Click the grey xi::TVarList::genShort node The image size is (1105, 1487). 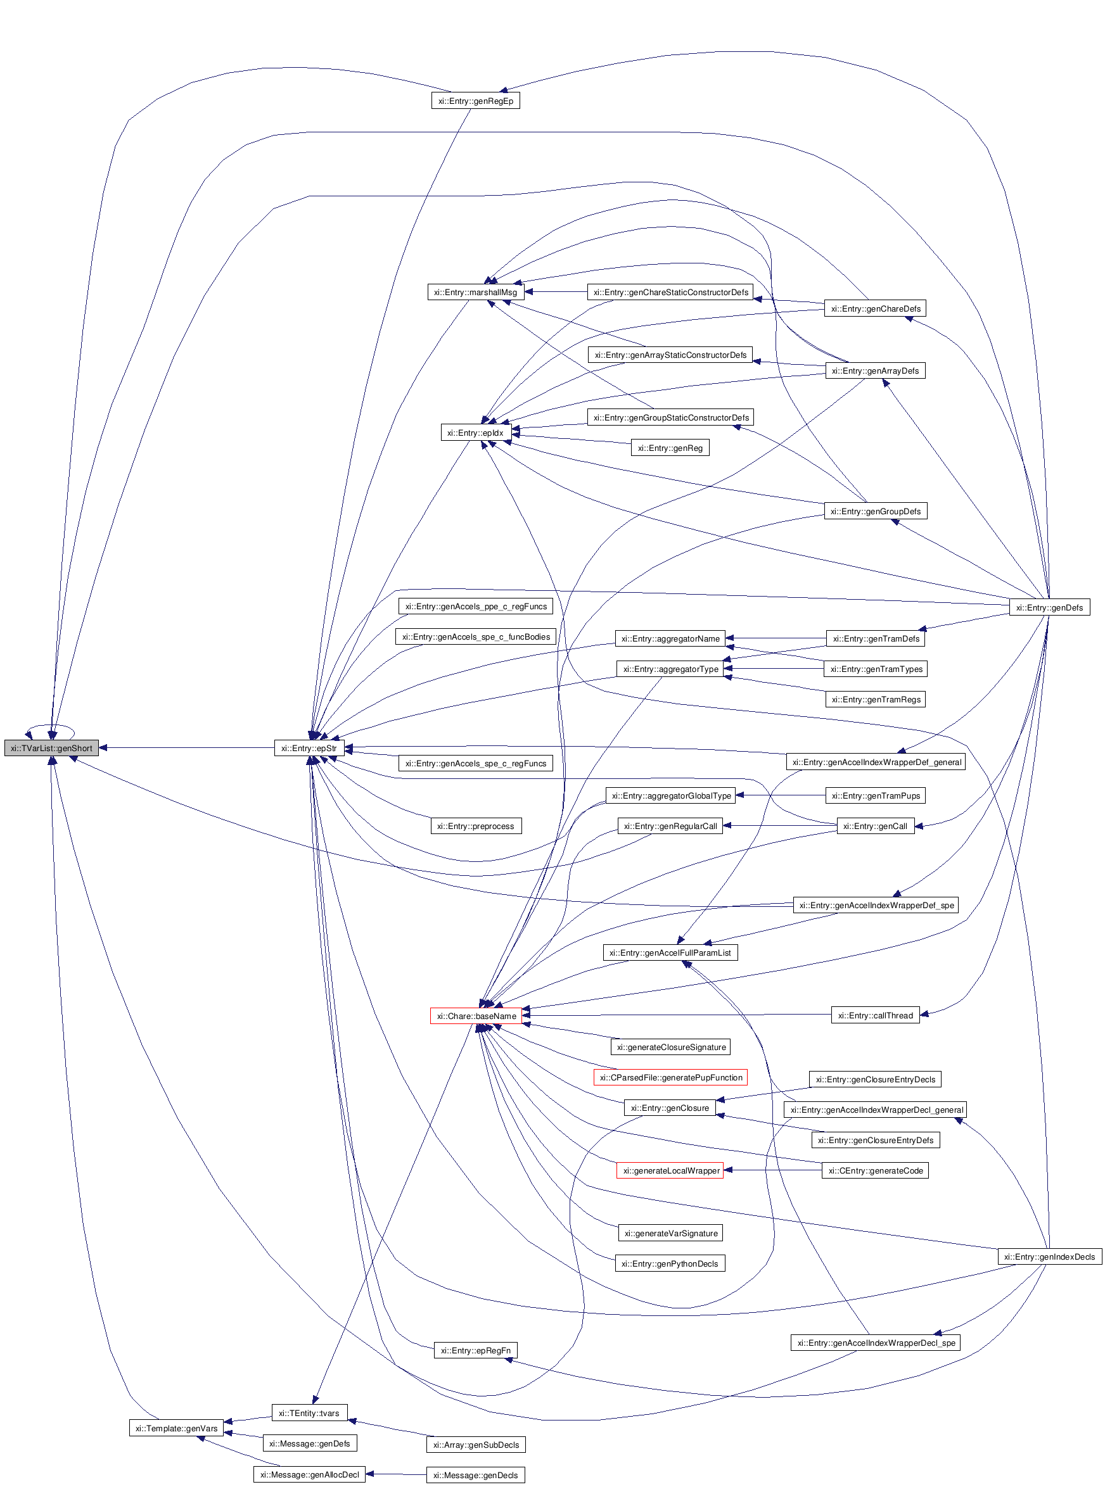click(51, 748)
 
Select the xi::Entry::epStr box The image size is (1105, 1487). click(309, 748)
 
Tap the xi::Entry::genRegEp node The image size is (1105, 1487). click(476, 101)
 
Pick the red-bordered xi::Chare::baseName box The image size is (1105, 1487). click(476, 1016)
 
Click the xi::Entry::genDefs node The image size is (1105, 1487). click(1049, 607)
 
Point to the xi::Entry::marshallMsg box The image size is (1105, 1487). click(475, 292)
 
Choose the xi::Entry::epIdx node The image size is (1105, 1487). click(475, 433)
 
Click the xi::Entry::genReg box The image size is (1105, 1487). click(670, 448)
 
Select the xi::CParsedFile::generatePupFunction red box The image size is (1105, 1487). click(670, 1077)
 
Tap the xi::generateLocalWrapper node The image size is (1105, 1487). click(670, 1170)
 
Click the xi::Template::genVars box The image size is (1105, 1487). click(177, 1428)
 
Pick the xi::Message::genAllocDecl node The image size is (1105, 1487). click(309, 1474)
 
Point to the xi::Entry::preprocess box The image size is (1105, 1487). click(476, 826)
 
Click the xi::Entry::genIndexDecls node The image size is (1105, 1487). click(1049, 1257)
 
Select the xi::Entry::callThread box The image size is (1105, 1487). click(875, 1016)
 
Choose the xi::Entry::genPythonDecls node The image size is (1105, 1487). click(670, 1263)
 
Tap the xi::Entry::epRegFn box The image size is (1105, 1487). click(476, 1351)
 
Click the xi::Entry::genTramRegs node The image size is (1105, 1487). click(876, 699)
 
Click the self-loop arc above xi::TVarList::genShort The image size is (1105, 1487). click(51, 725)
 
